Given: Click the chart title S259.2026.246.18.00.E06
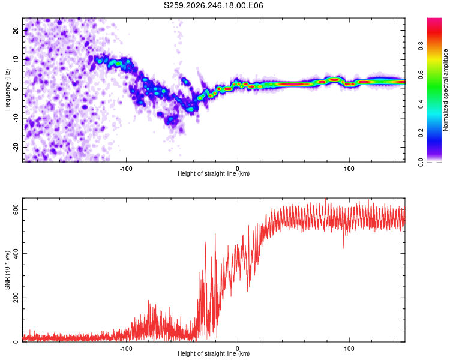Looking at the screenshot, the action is [x=213, y=5].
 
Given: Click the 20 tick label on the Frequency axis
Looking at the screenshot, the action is [x=16, y=30].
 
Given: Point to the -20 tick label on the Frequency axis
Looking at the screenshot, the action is [x=16, y=148].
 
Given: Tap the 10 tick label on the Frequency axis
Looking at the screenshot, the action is [x=16, y=59].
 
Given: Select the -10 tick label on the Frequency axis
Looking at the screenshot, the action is [x=16, y=118].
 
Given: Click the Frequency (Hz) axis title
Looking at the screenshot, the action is [x=7, y=90].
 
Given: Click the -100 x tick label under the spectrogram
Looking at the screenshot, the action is [x=126, y=169].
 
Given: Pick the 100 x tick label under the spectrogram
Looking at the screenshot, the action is [x=349, y=169].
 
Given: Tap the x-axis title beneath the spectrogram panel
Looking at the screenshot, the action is [x=214, y=173].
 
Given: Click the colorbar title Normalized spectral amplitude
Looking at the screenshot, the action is [x=445, y=90].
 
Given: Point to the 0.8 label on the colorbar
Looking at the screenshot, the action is [x=421, y=46].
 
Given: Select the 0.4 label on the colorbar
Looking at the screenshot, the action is [x=421, y=104].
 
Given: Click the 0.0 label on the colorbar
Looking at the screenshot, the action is [x=421, y=162].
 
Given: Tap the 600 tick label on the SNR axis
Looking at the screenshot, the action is [x=16, y=210].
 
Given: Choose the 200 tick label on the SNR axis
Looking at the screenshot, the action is [x=16, y=298].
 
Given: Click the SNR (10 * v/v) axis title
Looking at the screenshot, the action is [x=7, y=270].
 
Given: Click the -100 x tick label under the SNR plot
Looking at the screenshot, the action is [x=126, y=349].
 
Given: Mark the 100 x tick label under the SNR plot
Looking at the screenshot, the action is [x=349, y=349].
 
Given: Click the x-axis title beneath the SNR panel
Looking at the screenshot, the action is [x=214, y=353].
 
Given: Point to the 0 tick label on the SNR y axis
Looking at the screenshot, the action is [x=16, y=342].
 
